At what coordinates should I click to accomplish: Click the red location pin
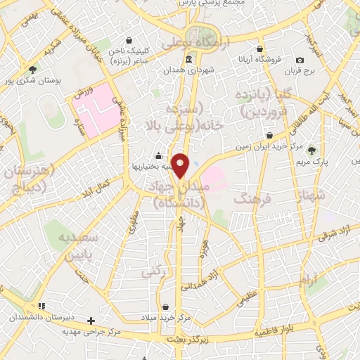pyautogui.click(x=181, y=165)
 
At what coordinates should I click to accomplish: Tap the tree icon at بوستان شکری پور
pyautogui.click(x=33, y=69)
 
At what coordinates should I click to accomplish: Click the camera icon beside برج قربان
pyautogui.click(x=300, y=60)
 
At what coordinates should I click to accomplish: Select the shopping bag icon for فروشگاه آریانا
pyautogui.click(x=260, y=49)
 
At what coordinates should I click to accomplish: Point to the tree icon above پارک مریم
pyautogui.click(x=311, y=150)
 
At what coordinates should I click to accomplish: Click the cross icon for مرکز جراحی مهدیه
pyautogui.click(x=90, y=321)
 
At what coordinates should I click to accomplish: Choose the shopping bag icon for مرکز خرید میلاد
pyautogui.click(x=165, y=307)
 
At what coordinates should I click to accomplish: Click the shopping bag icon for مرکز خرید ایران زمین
pyautogui.click(x=269, y=135)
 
